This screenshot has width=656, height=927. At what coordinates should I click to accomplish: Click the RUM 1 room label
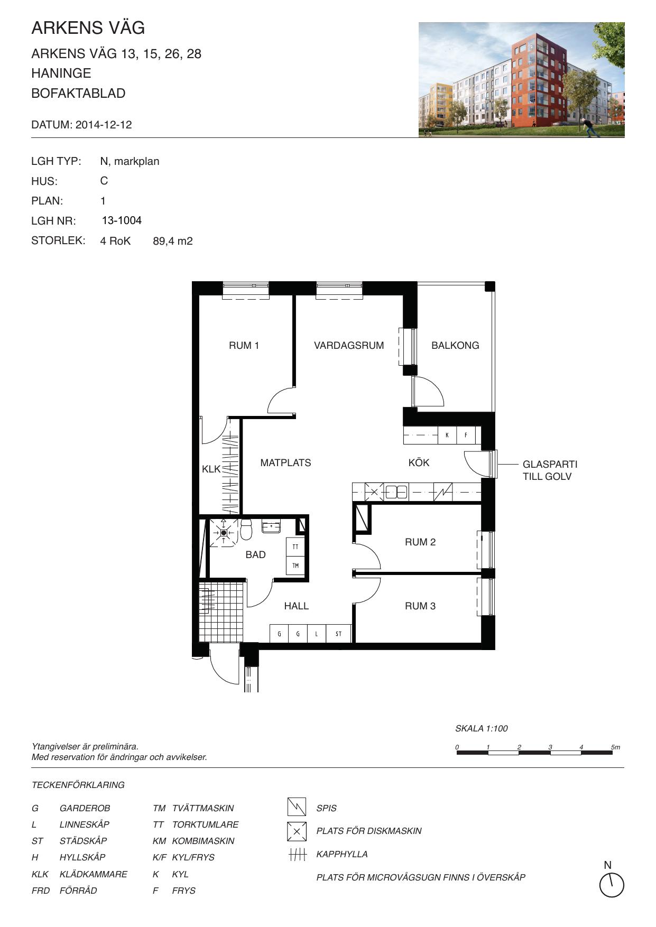click(x=244, y=346)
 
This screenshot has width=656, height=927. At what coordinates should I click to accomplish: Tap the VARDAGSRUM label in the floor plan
click(x=349, y=346)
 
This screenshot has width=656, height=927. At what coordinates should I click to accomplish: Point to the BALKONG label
click(x=455, y=346)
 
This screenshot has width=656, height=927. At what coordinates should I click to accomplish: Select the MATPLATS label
click(x=285, y=463)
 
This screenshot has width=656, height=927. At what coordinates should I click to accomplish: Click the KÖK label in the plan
click(x=419, y=463)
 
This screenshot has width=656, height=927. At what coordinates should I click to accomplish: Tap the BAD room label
click(x=255, y=555)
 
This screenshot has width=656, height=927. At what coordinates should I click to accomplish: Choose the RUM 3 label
click(x=420, y=606)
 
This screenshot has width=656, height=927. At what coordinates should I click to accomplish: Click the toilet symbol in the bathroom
click(x=246, y=529)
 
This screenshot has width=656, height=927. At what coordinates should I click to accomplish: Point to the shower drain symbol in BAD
click(x=224, y=533)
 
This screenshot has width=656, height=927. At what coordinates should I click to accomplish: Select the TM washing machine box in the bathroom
click(x=295, y=566)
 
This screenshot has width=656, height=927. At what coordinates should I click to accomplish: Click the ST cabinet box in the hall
click(x=338, y=634)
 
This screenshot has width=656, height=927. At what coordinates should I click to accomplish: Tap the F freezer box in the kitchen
click(x=466, y=435)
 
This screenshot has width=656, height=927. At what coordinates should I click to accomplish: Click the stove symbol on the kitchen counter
click(x=443, y=492)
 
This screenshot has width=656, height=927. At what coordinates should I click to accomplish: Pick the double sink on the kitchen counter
click(x=396, y=492)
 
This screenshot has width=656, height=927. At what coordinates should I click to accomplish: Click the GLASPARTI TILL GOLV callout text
click(x=550, y=470)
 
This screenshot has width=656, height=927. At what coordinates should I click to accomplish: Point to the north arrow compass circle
click(x=612, y=885)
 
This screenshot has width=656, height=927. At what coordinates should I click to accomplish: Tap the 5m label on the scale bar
click(x=615, y=747)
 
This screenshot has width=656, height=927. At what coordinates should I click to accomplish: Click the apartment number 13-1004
click(x=122, y=220)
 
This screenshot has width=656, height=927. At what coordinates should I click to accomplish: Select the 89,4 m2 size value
click(x=173, y=242)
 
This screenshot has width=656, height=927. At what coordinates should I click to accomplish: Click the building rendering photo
click(x=521, y=80)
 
